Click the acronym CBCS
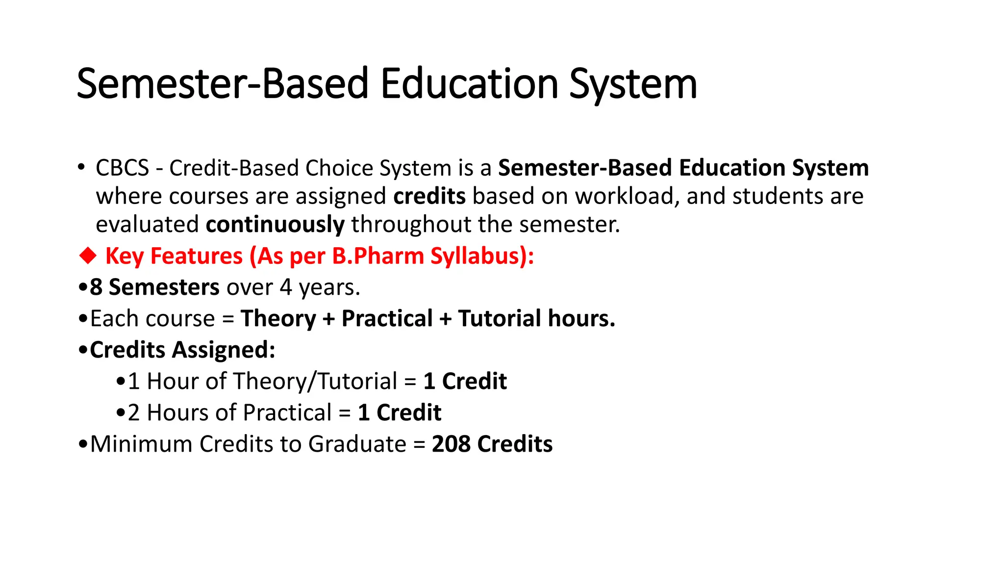coord(122,168)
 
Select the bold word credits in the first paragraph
coord(429,196)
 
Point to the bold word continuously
coord(275,225)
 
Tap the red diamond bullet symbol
coord(88,256)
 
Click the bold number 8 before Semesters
coord(96,287)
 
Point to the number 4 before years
coord(286,287)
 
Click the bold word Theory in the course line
coord(278,319)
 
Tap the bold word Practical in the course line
coord(387,319)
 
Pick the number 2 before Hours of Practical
coord(134,413)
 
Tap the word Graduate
coord(357,444)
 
